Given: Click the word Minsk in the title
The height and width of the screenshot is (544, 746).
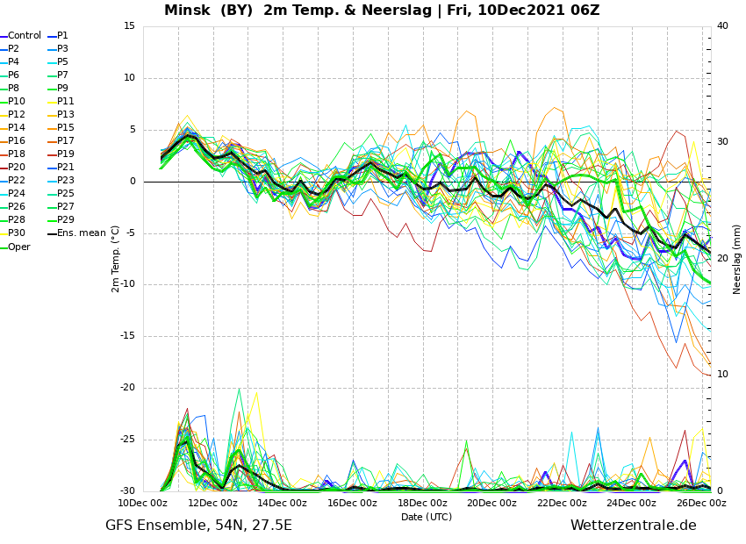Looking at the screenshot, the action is tap(187, 10).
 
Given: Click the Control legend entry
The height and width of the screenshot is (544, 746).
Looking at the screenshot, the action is tap(20, 36).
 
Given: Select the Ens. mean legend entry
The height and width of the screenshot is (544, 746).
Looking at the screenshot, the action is tap(76, 233).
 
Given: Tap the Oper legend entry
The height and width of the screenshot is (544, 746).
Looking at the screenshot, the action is tap(15, 247).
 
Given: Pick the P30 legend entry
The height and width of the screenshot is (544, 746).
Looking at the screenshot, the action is tap(13, 233).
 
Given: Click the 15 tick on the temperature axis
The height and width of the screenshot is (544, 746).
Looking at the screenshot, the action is tap(129, 26).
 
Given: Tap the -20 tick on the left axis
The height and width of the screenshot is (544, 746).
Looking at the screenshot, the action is tap(127, 388).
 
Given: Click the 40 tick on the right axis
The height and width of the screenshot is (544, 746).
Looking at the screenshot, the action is tap(722, 25).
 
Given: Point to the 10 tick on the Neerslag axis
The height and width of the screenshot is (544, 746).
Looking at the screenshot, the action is tap(722, 375).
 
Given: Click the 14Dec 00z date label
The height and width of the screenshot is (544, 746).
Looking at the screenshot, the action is tap(283, 503).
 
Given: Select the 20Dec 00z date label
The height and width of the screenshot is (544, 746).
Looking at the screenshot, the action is tap(492, 503).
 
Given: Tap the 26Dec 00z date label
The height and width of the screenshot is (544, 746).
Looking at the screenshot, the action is tap(702, 503).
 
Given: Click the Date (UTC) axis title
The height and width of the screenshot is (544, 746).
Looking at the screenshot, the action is tap(427, 517).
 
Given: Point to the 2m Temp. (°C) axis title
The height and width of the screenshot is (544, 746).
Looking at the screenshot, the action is tap(115, 259).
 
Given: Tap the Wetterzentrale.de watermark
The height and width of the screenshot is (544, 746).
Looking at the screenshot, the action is tap(634, 525).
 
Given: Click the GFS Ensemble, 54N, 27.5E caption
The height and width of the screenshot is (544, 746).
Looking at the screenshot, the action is tap(198, 526).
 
